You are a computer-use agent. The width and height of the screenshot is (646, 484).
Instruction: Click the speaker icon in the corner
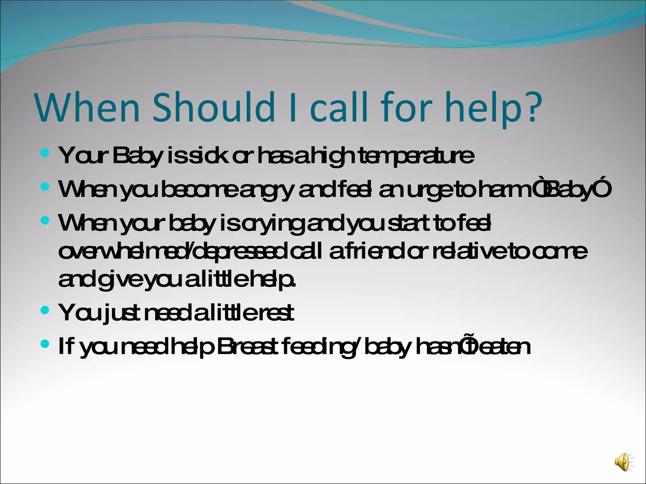pos(623,462)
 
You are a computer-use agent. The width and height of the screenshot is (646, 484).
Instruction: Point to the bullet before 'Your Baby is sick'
pos(45,154)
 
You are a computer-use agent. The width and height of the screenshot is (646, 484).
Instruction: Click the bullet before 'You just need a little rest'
pos(45,310)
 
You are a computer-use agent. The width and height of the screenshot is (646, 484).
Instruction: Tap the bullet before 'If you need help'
pos(45,344)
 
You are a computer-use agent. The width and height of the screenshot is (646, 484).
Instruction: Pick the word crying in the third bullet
pos(274,223)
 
